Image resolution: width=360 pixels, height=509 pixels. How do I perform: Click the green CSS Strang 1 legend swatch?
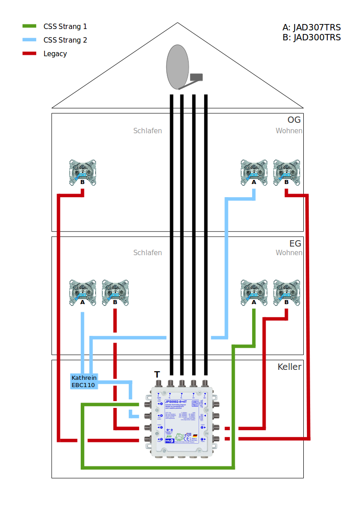coord(29,26)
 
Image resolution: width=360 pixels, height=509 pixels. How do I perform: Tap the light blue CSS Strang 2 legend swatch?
coord(29,40)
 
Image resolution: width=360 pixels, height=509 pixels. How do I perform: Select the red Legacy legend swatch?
coord(29,53)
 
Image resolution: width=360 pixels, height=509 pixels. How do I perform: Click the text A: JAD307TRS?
coord(311,28)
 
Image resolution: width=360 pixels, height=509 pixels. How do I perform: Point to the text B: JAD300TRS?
coord(311,38)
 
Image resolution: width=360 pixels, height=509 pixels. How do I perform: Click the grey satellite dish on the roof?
coord(177,68)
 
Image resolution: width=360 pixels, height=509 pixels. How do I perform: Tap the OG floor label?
coord(294,120)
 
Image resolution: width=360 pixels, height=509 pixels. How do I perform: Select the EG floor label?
coord(295,243)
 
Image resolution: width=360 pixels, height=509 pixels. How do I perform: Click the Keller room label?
coord(289,367)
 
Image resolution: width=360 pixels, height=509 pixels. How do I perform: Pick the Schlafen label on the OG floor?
coord(147,131)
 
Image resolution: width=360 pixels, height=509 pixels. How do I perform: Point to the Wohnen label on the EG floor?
coord(289,252)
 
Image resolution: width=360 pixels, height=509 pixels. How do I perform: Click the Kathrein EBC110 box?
coord(83,381)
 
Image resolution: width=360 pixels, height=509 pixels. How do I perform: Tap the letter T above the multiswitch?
coord(157,375)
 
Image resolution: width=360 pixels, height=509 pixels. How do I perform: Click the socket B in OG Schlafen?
coord(83,173)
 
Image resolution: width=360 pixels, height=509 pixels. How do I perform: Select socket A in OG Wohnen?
coord(254,173)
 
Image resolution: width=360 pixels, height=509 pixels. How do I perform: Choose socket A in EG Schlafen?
coord(83,293)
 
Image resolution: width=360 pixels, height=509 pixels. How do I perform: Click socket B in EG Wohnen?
coord(287,293)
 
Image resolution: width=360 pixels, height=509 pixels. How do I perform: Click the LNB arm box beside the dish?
coord(196,77)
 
